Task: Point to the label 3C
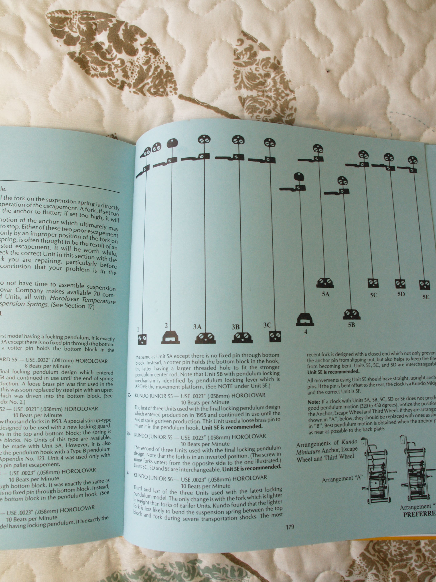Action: tap(267, 325)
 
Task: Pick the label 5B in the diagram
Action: tap(352, 325)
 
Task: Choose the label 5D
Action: tap(401, 294)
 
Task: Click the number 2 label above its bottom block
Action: tap(166, 325)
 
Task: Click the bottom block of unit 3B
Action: tap(242, 338)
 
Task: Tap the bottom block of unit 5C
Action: tap(373, 283)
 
